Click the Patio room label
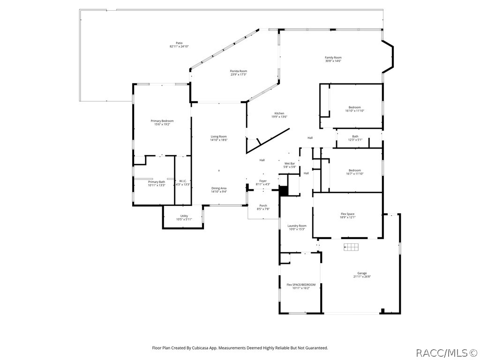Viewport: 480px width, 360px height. [x=179, y=43]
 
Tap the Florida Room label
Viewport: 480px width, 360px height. [x=239, y=71]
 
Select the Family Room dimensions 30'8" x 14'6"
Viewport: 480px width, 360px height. [x=333, y=61]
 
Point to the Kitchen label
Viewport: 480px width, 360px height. [x=279, y=113]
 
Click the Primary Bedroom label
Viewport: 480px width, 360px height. [x=162, y=121]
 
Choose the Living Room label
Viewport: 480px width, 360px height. [x=219, y=136]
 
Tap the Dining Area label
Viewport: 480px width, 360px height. [x=219, y=188]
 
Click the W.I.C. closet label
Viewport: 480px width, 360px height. [x=183, y=181]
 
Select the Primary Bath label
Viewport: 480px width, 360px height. [x=157, y=182]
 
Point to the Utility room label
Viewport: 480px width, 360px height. [x=184, y=216]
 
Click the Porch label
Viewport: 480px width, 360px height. [x=263, y=206]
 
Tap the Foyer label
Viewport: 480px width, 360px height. [x=263, y=181]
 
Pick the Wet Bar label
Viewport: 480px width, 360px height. [x=290, y=164]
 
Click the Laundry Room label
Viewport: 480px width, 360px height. [x=297, y=225]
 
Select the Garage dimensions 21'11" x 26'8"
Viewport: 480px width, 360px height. [x=362, y=277]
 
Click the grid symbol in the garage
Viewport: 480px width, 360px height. [x=351, y=247]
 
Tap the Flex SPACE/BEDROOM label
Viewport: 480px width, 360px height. [x=301, y=285]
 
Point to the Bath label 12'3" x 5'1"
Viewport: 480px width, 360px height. [x=355, y=136]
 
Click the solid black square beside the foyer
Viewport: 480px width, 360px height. [x=284, y=191]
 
